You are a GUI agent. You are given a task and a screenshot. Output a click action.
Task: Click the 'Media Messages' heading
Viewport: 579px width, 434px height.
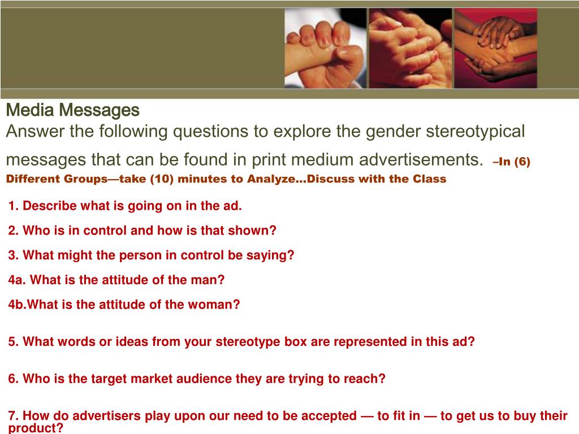click(x=72, y=110)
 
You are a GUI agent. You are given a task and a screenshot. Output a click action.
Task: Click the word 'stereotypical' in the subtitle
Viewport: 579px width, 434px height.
click(x=475, y=132)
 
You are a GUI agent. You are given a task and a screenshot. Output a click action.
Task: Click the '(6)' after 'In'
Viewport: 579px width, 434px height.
click(x=521, y=162)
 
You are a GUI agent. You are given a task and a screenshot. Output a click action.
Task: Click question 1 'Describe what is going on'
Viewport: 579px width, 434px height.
click(x=125, y=206)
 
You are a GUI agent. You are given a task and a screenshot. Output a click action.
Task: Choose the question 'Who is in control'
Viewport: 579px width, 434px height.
click(x=142, y=231)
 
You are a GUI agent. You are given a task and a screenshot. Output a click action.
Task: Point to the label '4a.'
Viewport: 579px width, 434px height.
click(x=17, y=280)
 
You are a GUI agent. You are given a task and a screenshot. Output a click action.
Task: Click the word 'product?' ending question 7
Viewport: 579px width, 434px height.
click(x=35, y=428)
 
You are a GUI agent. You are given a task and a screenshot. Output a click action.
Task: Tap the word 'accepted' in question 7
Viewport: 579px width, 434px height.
click(x=329, y=416)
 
